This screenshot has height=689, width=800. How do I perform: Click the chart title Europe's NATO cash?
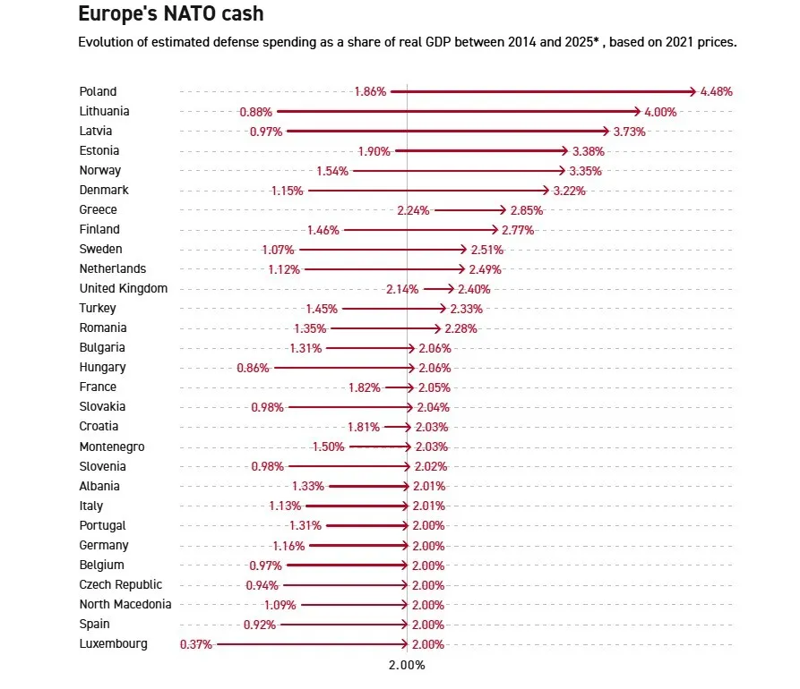[171, 13]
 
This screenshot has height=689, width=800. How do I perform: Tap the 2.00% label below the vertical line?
[406, 666]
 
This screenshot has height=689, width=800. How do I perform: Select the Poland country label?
[98, 91]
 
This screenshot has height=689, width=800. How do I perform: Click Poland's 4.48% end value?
[717, 91]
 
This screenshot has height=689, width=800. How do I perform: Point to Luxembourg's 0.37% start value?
[196, 644]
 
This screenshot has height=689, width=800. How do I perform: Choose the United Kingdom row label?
[123, 288]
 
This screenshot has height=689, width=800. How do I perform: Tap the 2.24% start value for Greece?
[413, 210]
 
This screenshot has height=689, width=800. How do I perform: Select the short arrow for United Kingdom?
[439, 289]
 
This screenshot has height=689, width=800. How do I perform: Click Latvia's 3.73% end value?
[629, 132]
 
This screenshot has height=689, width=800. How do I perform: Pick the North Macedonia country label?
[125, 604]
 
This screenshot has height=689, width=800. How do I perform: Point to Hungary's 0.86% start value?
[253, 368]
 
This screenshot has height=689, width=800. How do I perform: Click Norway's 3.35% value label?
[585, 171]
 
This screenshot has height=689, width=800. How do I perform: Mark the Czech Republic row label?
[121, 584]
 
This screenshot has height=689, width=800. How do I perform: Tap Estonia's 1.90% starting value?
[374, 151]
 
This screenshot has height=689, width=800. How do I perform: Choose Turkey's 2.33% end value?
[466, 309]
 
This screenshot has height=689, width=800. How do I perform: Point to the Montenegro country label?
[112, 447]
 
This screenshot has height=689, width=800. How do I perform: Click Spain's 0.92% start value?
[259, 625]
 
